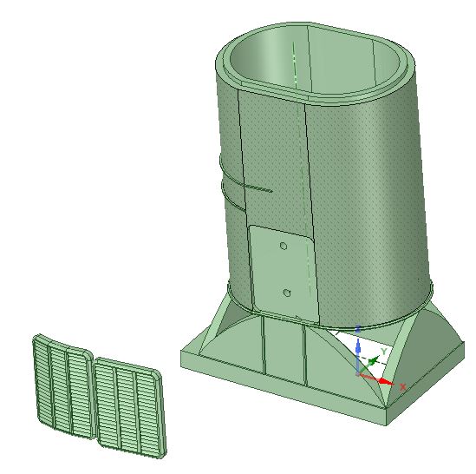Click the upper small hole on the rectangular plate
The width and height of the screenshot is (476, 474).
284,246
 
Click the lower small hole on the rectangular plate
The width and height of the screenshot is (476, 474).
286,293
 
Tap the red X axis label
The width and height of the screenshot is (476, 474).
402,386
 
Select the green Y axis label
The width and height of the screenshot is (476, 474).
384,352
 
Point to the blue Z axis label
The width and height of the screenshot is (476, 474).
358,329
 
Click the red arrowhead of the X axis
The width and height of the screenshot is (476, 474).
387,382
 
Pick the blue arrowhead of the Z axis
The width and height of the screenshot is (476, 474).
358,344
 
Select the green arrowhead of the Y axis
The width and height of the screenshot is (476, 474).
373,360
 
